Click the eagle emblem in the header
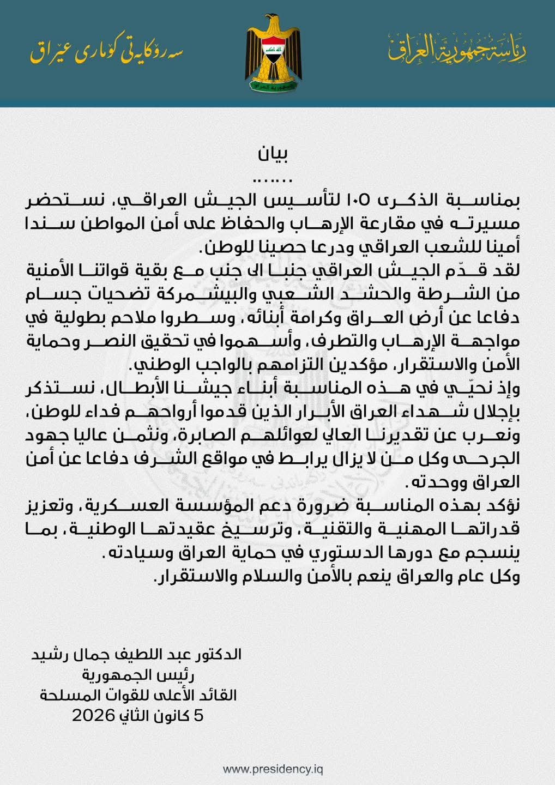click(x=273, y=55)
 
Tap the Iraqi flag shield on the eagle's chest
click(x=272, y=50)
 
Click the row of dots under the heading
click(x=274, y=179)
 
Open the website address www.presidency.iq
click(x=273, y=769)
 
